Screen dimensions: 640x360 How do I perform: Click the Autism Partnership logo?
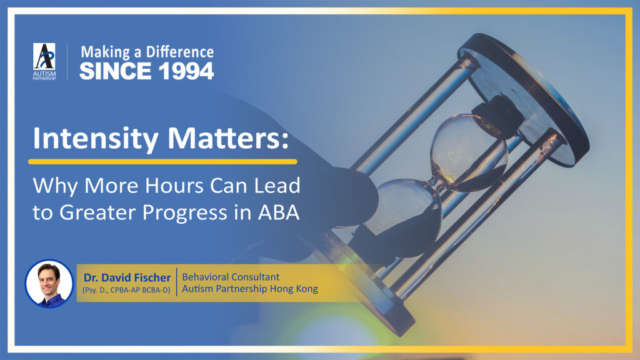[44, 61]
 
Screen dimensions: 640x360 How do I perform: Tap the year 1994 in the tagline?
[186, 71]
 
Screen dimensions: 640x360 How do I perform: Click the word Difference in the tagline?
[179, 52]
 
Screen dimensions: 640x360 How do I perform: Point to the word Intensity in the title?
[96, 139]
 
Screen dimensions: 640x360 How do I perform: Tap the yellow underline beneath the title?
[162, 162]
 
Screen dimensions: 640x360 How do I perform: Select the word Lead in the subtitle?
[277, 185]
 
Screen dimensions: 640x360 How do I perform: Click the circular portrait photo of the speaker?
[49, 283]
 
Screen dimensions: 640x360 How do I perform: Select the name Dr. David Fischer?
[127, 277]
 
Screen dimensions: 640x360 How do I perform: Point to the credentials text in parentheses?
[126, 290]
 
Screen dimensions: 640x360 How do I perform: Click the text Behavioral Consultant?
[231, 277]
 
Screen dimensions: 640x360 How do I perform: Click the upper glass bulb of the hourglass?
[469, 151]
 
